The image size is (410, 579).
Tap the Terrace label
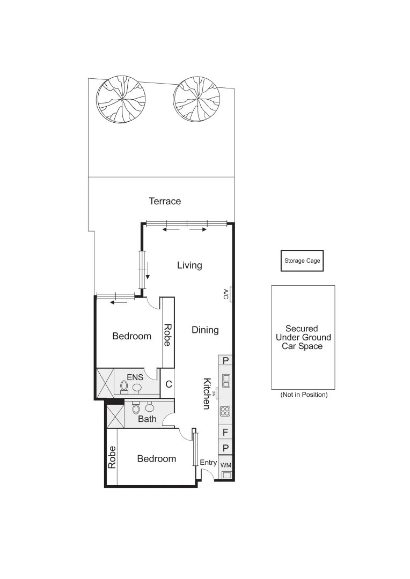(x=165, y=202)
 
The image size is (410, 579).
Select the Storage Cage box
(x=302, y=261)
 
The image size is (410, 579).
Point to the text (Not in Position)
(x=304, y=395)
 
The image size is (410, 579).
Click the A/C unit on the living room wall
(x=230, y=293)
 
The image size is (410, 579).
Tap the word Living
(x=189, y=265)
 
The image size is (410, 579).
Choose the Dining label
(x=205, y=330)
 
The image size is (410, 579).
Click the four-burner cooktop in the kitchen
(x=226, y=412)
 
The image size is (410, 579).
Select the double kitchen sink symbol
(x=226, y=380)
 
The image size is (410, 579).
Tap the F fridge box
(x=226, y=432)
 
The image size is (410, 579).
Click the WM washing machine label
(x=226, y=465)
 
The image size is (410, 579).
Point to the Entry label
(x=208, y=463)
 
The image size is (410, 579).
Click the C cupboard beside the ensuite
(x=168, y=384)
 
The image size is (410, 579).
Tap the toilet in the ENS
(x=125, y=385)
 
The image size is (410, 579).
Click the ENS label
(x=135, y=377)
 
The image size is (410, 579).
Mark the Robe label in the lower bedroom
(x=112, y=457)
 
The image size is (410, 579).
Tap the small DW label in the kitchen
(x=215, y=394)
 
